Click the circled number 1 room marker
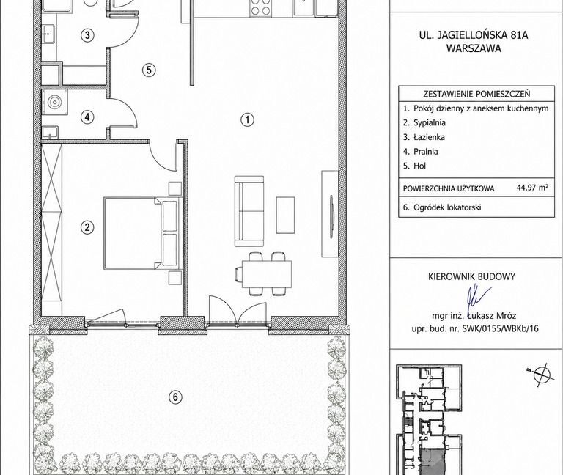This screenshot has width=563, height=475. (247, 119)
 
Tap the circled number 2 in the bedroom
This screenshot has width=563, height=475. (87, 227)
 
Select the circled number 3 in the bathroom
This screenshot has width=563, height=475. (87, 35)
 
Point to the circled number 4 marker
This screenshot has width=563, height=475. (87, 117)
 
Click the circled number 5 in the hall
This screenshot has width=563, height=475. (149, 70)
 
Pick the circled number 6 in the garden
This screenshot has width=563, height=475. (175, 397)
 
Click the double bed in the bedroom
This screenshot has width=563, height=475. (143, 232)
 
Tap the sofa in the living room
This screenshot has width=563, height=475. (249, 211)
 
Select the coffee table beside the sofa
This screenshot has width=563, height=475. (285, 215)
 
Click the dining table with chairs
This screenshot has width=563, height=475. (264, 274)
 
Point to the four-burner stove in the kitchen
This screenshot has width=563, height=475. (261, 8)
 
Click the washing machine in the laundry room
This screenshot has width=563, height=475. (55, 102)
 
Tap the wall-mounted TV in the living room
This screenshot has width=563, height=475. (332, 216)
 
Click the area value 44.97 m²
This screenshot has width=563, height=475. (532, 187)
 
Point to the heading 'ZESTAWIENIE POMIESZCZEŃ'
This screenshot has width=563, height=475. (476, 94)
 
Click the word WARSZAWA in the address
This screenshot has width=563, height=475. (474, 49)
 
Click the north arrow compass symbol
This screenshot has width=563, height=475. (539, 375)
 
